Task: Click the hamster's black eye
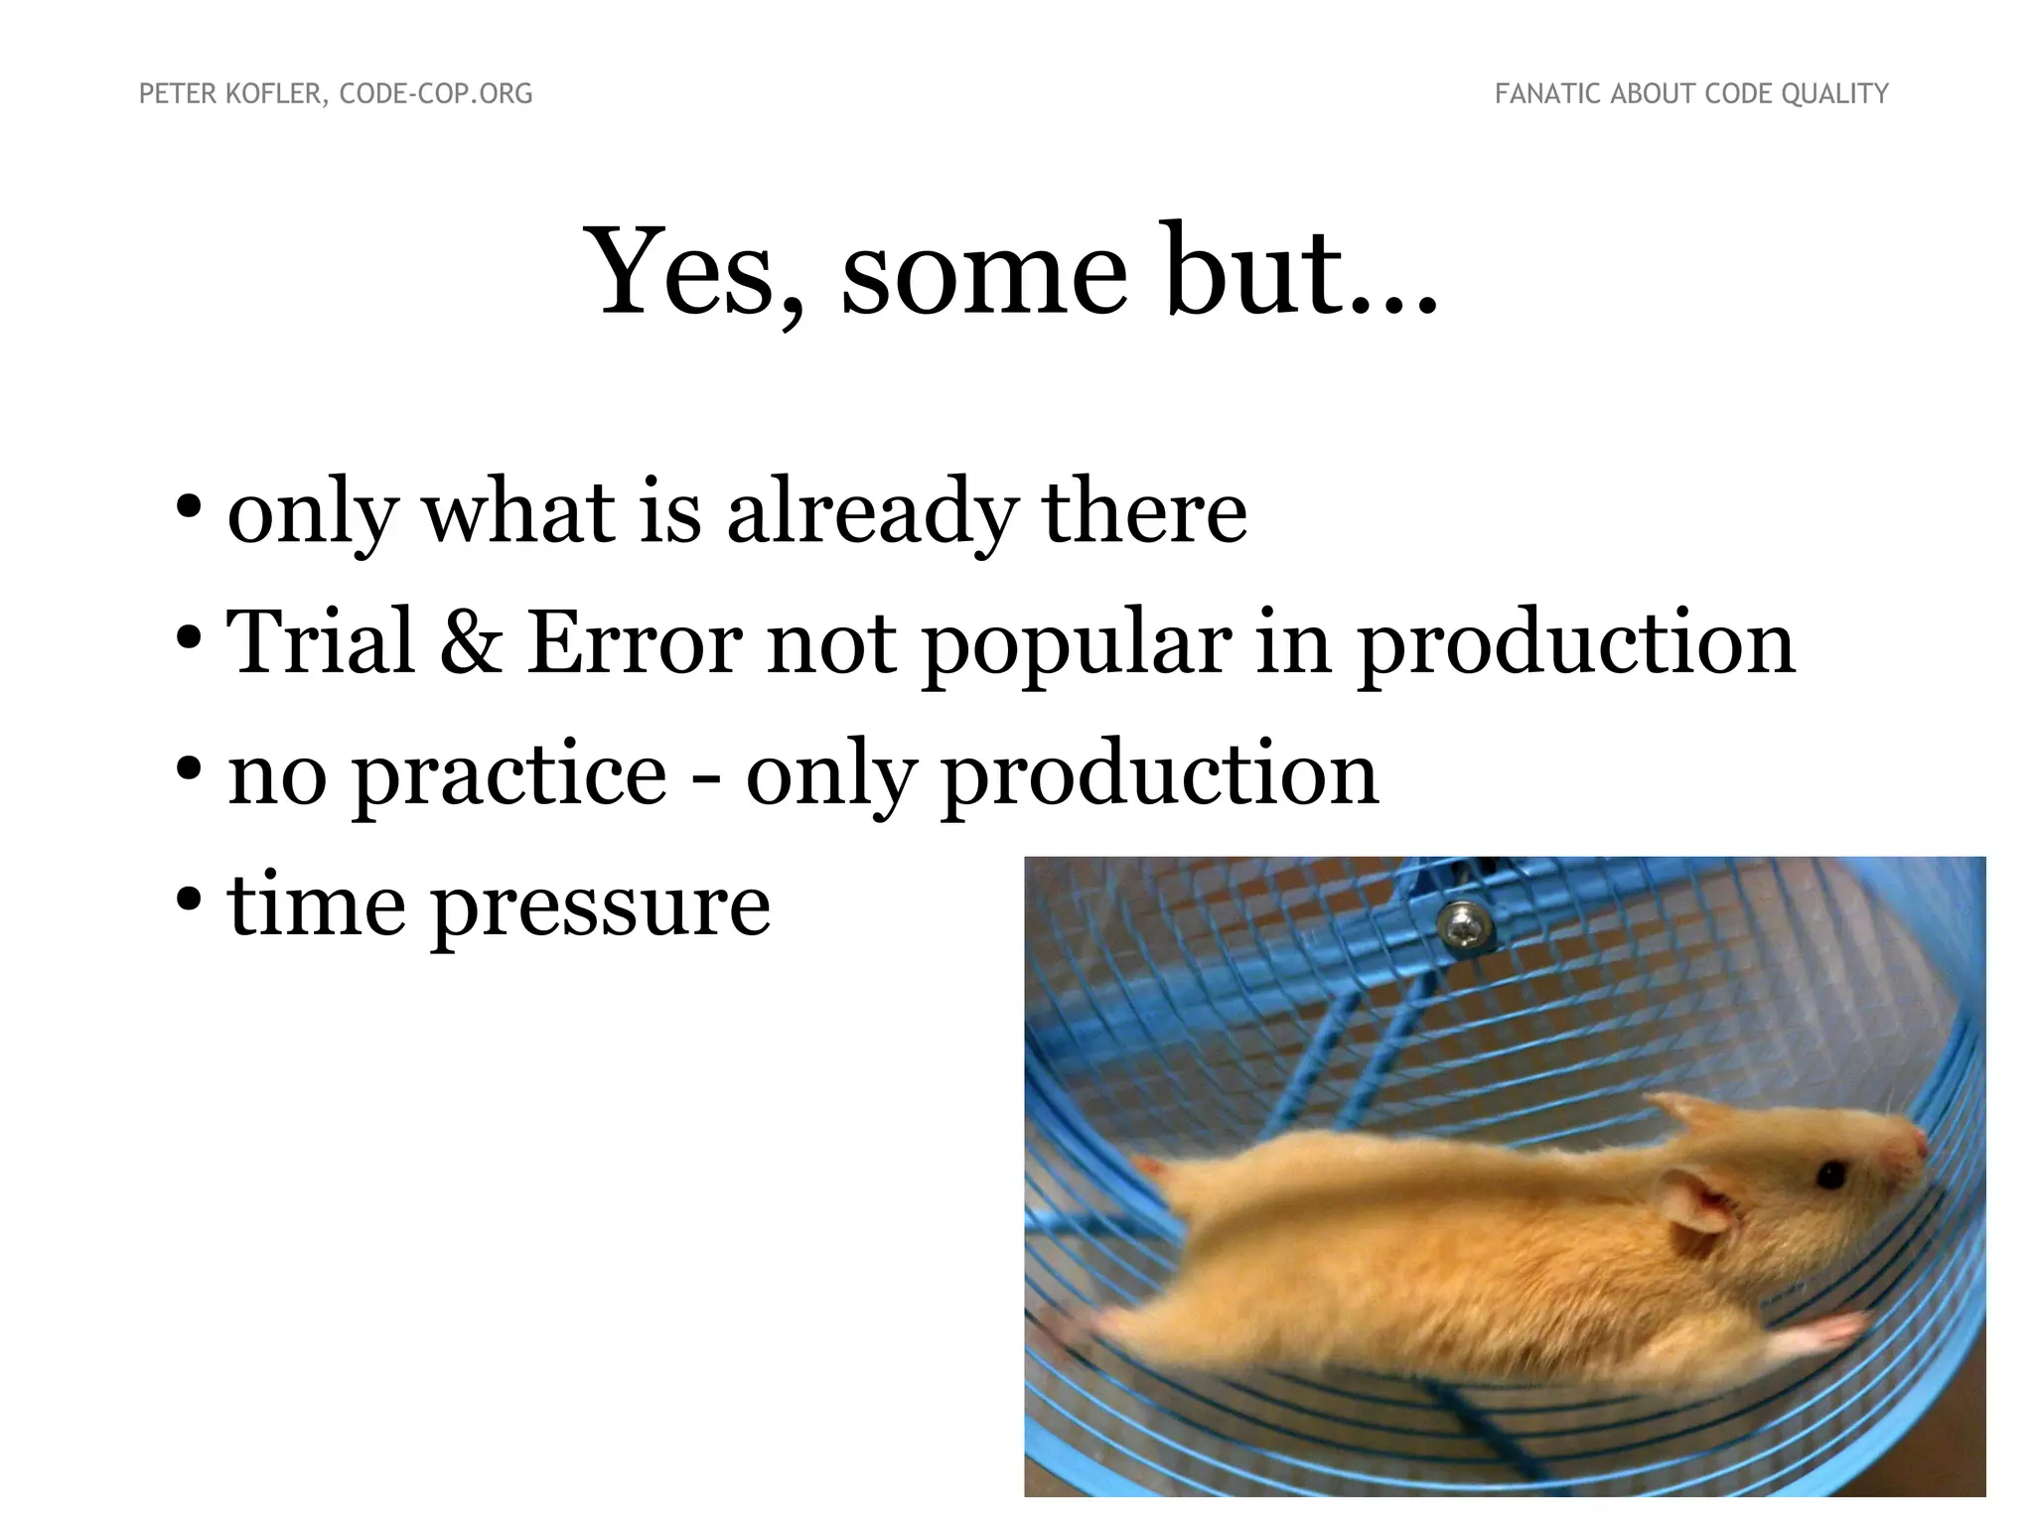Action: [1830, 1177]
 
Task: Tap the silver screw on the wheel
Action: [1463, 928]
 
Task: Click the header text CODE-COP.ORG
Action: [436, 93]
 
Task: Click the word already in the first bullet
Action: [873, 514]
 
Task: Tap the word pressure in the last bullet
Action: [600, 906]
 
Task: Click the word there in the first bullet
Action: [1143, 512]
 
